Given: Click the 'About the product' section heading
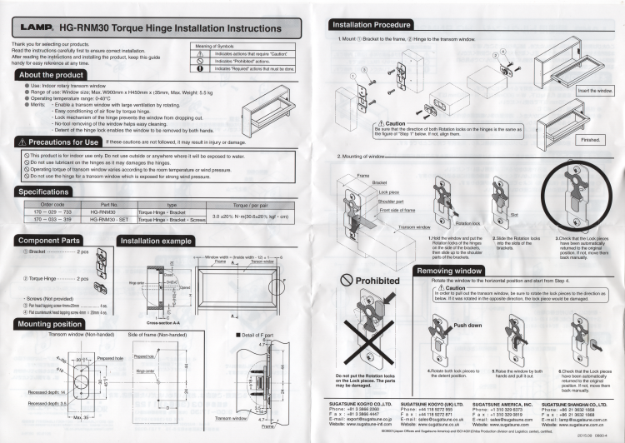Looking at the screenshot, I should pyautogui.click(x=52, y=75).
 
